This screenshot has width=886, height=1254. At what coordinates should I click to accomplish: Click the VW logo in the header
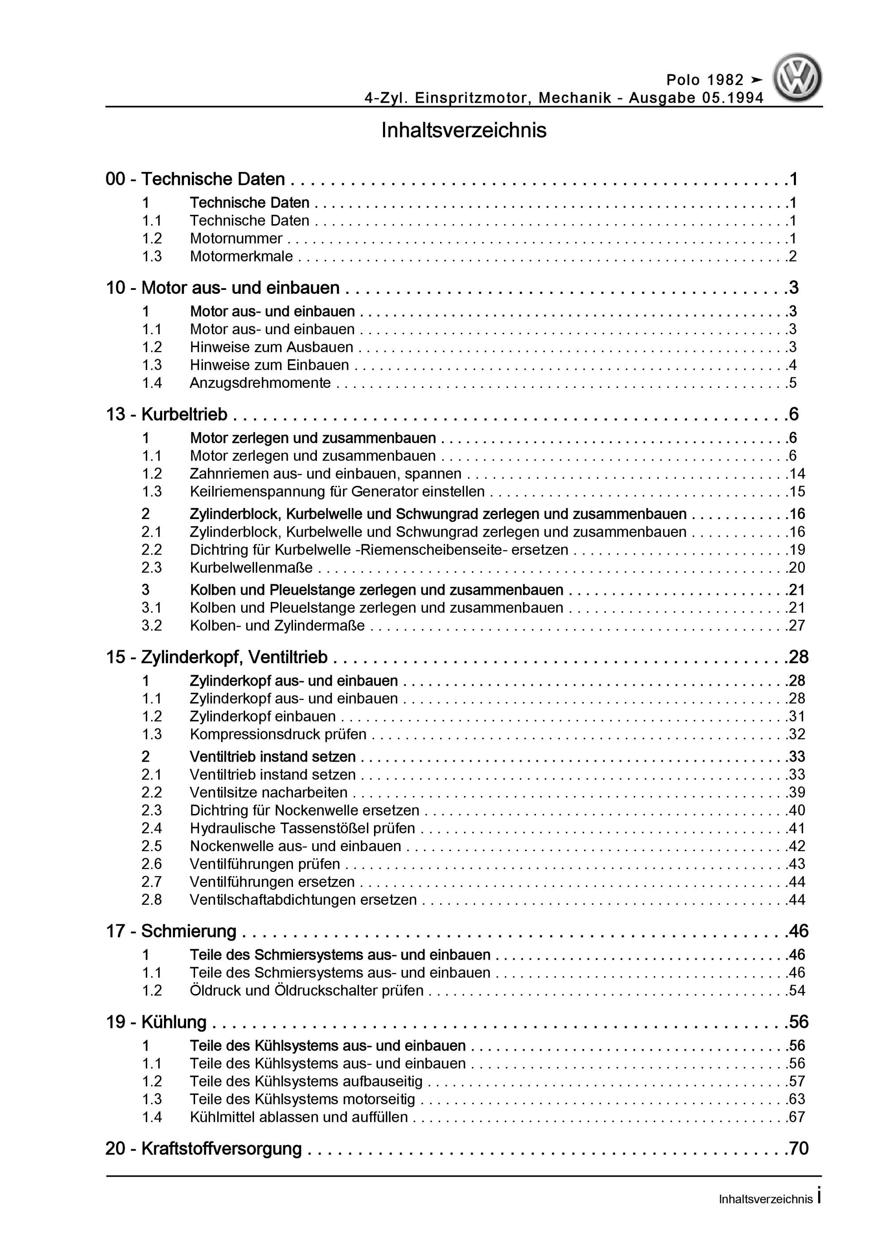pyautogui.click(x=797, y=78)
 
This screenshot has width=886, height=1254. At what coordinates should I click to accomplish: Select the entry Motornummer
pyautogui.click(x=236, y=238)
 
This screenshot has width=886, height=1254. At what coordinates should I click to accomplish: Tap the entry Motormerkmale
pyautogui.click(x=241, y=256)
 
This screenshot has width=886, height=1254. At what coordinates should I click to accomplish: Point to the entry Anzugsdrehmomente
pyautogui.click(x=260, y=383)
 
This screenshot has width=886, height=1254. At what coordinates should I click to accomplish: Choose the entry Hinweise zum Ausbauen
pyautogui.click(x=272, y=348)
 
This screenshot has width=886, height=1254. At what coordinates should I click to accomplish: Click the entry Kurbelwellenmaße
pyautogui.click(x=251, y=567)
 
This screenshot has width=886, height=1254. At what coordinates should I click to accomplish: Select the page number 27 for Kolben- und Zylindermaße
pyautogui.click(x=797, y=625)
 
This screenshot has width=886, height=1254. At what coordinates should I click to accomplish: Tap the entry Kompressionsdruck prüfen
pyautogui.click(x=278, y=734)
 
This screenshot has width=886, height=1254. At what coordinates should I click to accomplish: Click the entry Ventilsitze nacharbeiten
pyautogui.click(x=269, y=793)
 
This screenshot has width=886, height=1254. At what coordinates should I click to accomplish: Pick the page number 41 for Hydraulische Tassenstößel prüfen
pyautogui.click(x=797, y=828)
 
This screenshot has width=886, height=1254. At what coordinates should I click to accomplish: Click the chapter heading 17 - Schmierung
pyautogui.click(x=171, y=931)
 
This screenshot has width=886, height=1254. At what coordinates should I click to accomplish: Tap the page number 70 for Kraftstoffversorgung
pyautogui.click(x=798, y=1149)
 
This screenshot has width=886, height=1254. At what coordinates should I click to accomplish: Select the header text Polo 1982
pyautogui.click(x=705, y=80)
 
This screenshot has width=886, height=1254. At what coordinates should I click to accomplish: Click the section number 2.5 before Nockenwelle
pyautogui.click(x=152, y=846)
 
